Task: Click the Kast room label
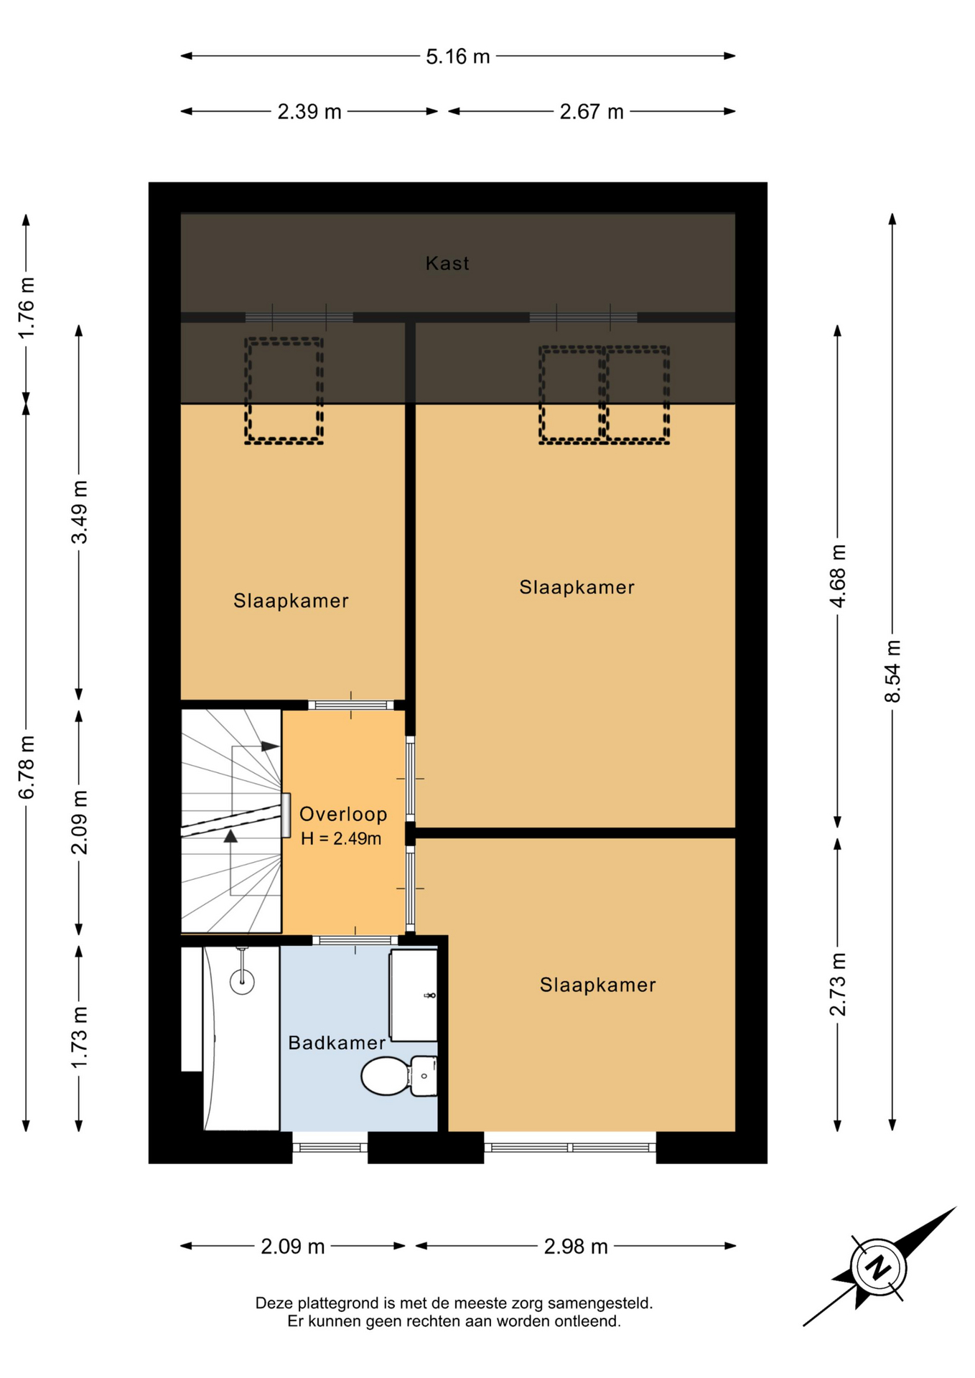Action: click(x=447, y=263)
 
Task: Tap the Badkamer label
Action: click(x=337, y=1043)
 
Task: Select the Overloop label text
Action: click(x=343, y=814)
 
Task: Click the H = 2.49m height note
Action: click(x=341, y=838)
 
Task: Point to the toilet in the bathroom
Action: click(x=398, y=1076)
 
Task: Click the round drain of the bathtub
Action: click(x=243, y=980)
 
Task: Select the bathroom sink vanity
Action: click(x=413, y=995)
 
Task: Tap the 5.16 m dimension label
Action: click(x=458, y=56)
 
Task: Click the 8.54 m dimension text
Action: click(x=892, y=672)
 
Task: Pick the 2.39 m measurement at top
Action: click(x=309, y=112)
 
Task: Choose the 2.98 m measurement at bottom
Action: click(x=576, y=1247)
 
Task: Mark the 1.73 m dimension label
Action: click(x=79, y=1037)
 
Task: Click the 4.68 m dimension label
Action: click(x=838, y=576)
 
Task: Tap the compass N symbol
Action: click(x=877, y=1267)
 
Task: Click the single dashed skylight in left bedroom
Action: click(x=284, y=391)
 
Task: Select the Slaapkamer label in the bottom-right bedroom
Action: click(x=598, y=985)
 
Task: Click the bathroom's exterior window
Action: click(x=330, y=1147)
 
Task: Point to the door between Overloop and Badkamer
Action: click(x=355, y=940)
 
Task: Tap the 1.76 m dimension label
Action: click(x=26, y=308)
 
